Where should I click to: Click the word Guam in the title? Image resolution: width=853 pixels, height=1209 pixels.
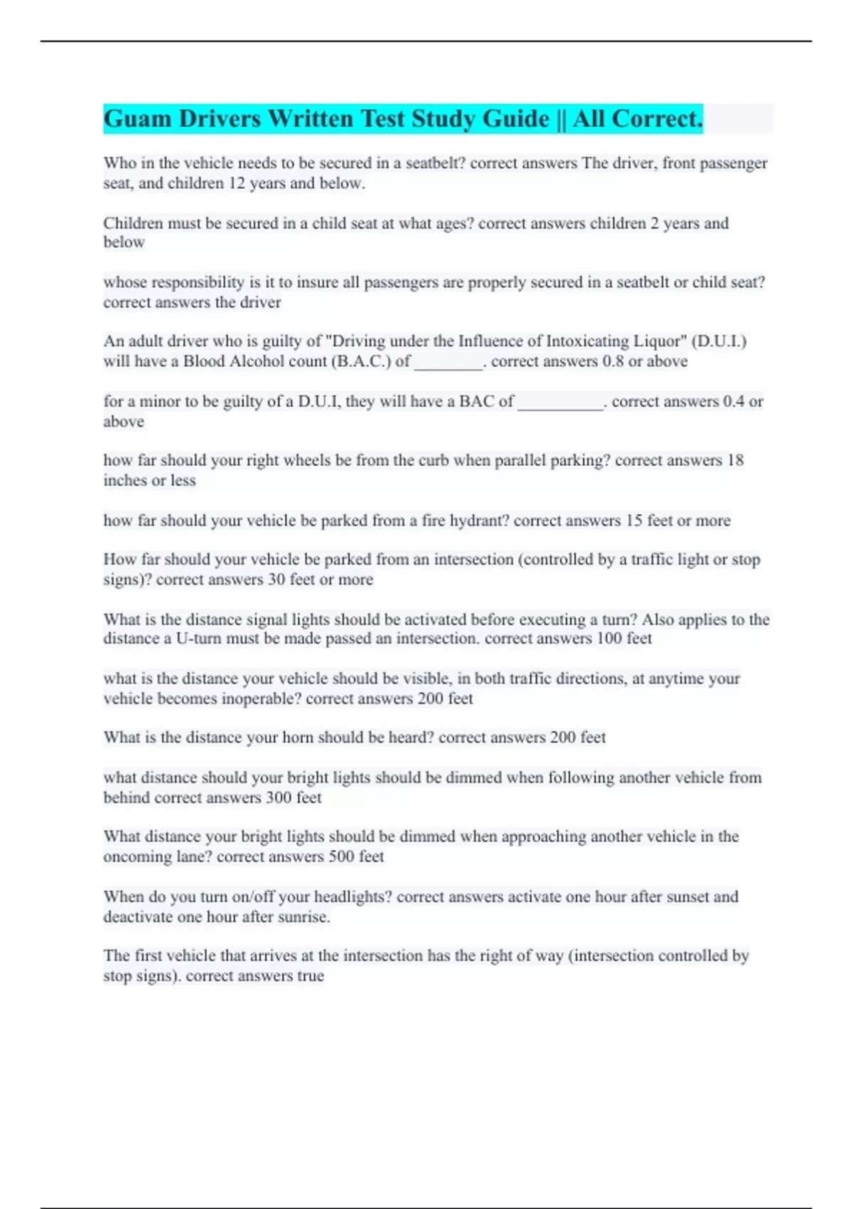click(x=138, y=119)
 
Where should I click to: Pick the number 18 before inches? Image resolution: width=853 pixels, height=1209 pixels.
click(x=735, y=461)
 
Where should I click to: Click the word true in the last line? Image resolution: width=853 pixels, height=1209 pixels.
click(x=310, y=976)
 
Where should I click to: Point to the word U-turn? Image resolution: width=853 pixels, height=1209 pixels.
click(x=198, y=639)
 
